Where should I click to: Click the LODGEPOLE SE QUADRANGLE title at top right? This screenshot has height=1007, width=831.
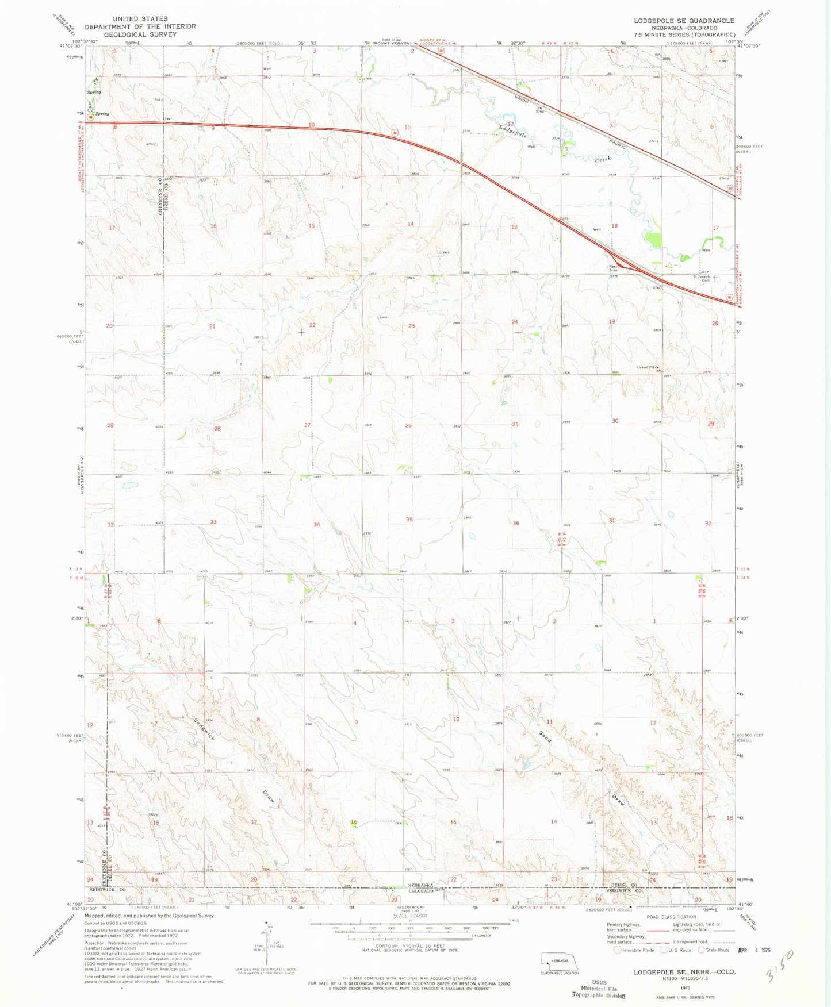684,21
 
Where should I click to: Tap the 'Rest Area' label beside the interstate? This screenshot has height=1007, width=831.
613,268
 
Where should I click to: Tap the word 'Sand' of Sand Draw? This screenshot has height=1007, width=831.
545,736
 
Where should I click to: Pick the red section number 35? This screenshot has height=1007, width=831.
409,520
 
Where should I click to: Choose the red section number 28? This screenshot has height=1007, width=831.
217,429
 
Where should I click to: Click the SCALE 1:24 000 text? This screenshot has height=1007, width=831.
409,916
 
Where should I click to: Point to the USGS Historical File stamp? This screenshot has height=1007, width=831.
599,989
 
